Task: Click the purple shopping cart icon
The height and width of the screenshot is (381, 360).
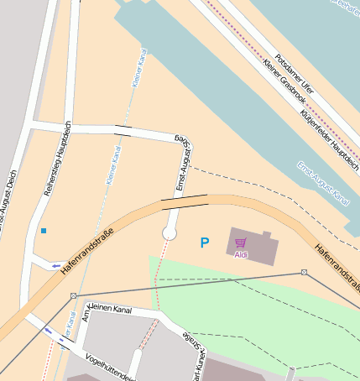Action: pyautogui.click(x=241, y=243)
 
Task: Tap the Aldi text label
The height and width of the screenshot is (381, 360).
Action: pyautogui.click(x=241, y=254)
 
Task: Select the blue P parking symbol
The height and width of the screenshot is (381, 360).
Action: pyautogui.click(x=204, y=243)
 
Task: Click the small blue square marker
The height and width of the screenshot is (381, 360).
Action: pyautogui.click(x=43, y=230)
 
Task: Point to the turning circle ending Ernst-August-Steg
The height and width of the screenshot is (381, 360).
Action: pyautogui.click(x=170, y=232)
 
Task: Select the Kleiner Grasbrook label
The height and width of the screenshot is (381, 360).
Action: pyautogui.click(x=284, y=80)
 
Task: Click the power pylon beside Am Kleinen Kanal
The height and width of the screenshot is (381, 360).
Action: pyautogui.click(x=74, y=295)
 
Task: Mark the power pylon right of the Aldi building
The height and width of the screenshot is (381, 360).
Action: pyautogui.click(x=304, y=273)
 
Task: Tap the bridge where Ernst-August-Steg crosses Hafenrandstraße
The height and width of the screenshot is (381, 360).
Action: pyautogui.click(x=185, y=201)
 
